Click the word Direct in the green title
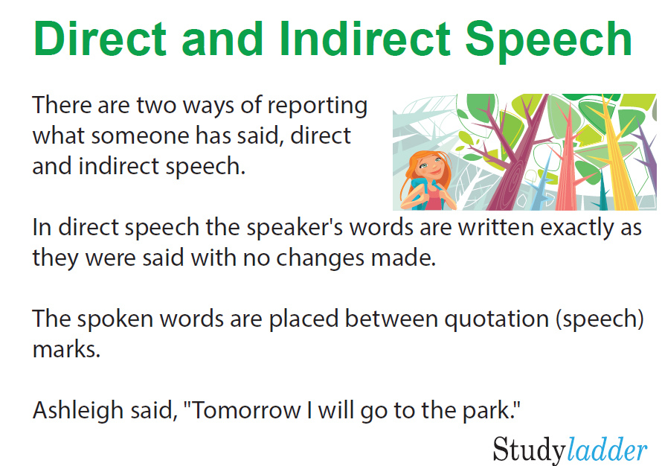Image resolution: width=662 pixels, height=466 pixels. click(x=100, y=39)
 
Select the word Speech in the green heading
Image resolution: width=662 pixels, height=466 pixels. click(x=548, y=42)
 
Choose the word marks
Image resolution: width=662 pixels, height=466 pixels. click(x=66, y=350)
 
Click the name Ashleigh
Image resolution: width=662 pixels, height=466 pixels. click(x=77, y=411)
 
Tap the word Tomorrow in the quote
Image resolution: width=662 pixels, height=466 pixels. click(x=246, y=411)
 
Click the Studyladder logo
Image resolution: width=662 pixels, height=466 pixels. click(x=570, y=450)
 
